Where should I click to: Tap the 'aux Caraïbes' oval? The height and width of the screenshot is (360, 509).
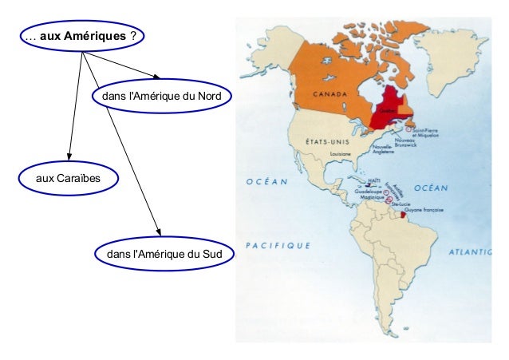[68, 176]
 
